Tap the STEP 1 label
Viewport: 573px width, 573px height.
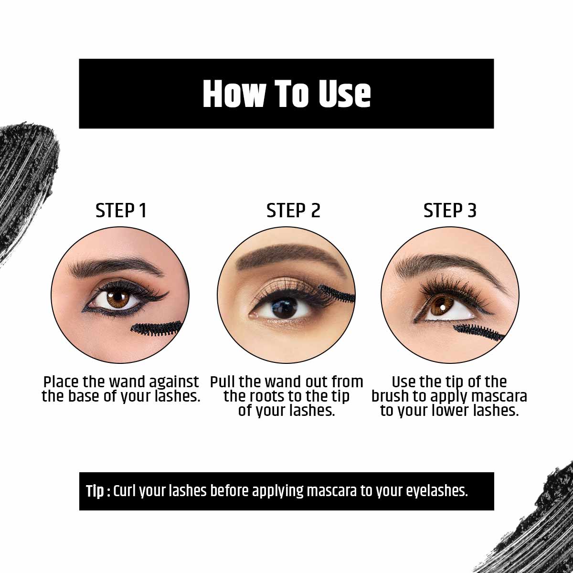(121, 211)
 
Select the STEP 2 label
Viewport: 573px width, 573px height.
(293, 211)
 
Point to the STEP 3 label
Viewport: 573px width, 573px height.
(450, 211)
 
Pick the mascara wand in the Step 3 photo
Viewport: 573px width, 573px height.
(477, 332)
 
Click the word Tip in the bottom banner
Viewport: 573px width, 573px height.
(95, 491)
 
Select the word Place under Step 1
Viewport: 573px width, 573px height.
(61, 382)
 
